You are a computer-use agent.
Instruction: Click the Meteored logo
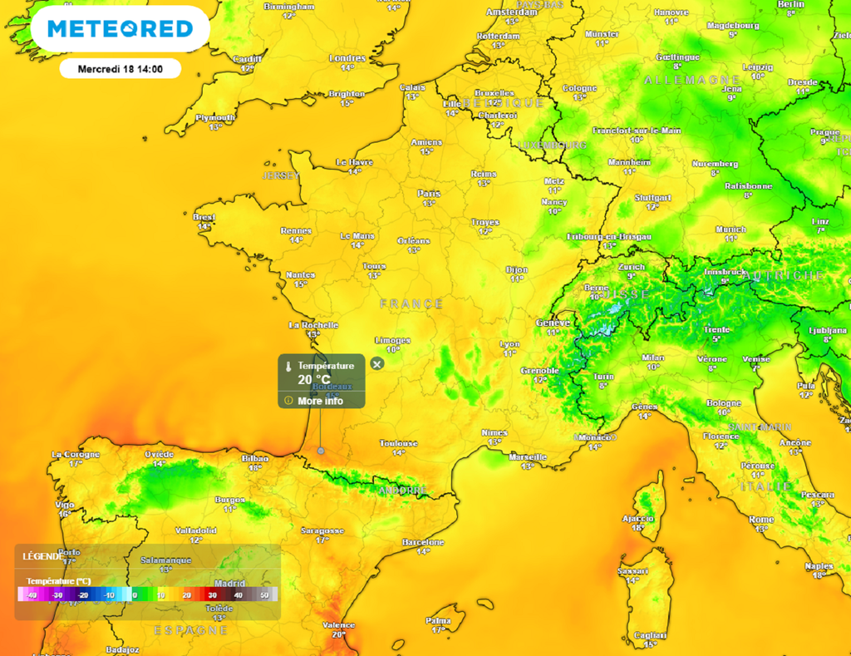click(120, 29)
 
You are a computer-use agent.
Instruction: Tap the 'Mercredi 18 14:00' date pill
click(120, 69)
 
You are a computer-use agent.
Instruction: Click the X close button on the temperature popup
click(376, 364)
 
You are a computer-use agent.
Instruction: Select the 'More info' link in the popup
click(320, 401)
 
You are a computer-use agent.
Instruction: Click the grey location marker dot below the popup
click(321, 451)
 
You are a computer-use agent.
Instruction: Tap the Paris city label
click(429, 194)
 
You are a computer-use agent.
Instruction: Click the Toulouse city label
click(398, 444)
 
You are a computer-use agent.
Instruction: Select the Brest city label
click(204, 217)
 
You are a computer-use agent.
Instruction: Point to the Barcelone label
click(423, 541)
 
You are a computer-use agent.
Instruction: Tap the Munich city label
click(730, 229)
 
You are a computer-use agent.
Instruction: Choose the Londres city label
click(347, 58)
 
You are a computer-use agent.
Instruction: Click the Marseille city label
click(527, 456)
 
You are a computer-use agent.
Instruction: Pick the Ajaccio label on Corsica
click(637, 518)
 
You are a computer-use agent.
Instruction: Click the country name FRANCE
click(411, 304)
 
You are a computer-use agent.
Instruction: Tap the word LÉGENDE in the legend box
click(42, 556)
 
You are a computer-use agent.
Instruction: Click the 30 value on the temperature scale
click(212, 595)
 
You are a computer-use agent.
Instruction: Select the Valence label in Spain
click(338, 625)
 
